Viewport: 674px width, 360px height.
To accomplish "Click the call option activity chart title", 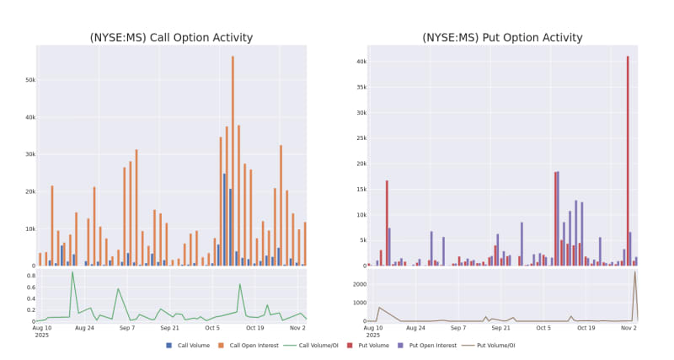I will coord(171,37).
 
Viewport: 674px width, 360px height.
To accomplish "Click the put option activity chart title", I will coord(502,37).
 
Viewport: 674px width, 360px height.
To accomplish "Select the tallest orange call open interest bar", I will coord(233,160).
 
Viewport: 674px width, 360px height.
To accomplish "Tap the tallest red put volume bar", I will coord(628,160).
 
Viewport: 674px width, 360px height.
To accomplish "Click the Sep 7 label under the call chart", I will coord(127,327).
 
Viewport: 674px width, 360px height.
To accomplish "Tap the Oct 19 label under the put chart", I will coord(585,327).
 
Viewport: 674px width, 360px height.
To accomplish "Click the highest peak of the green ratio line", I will coord(72,271).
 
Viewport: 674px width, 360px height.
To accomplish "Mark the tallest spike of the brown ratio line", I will coord(635,271).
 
